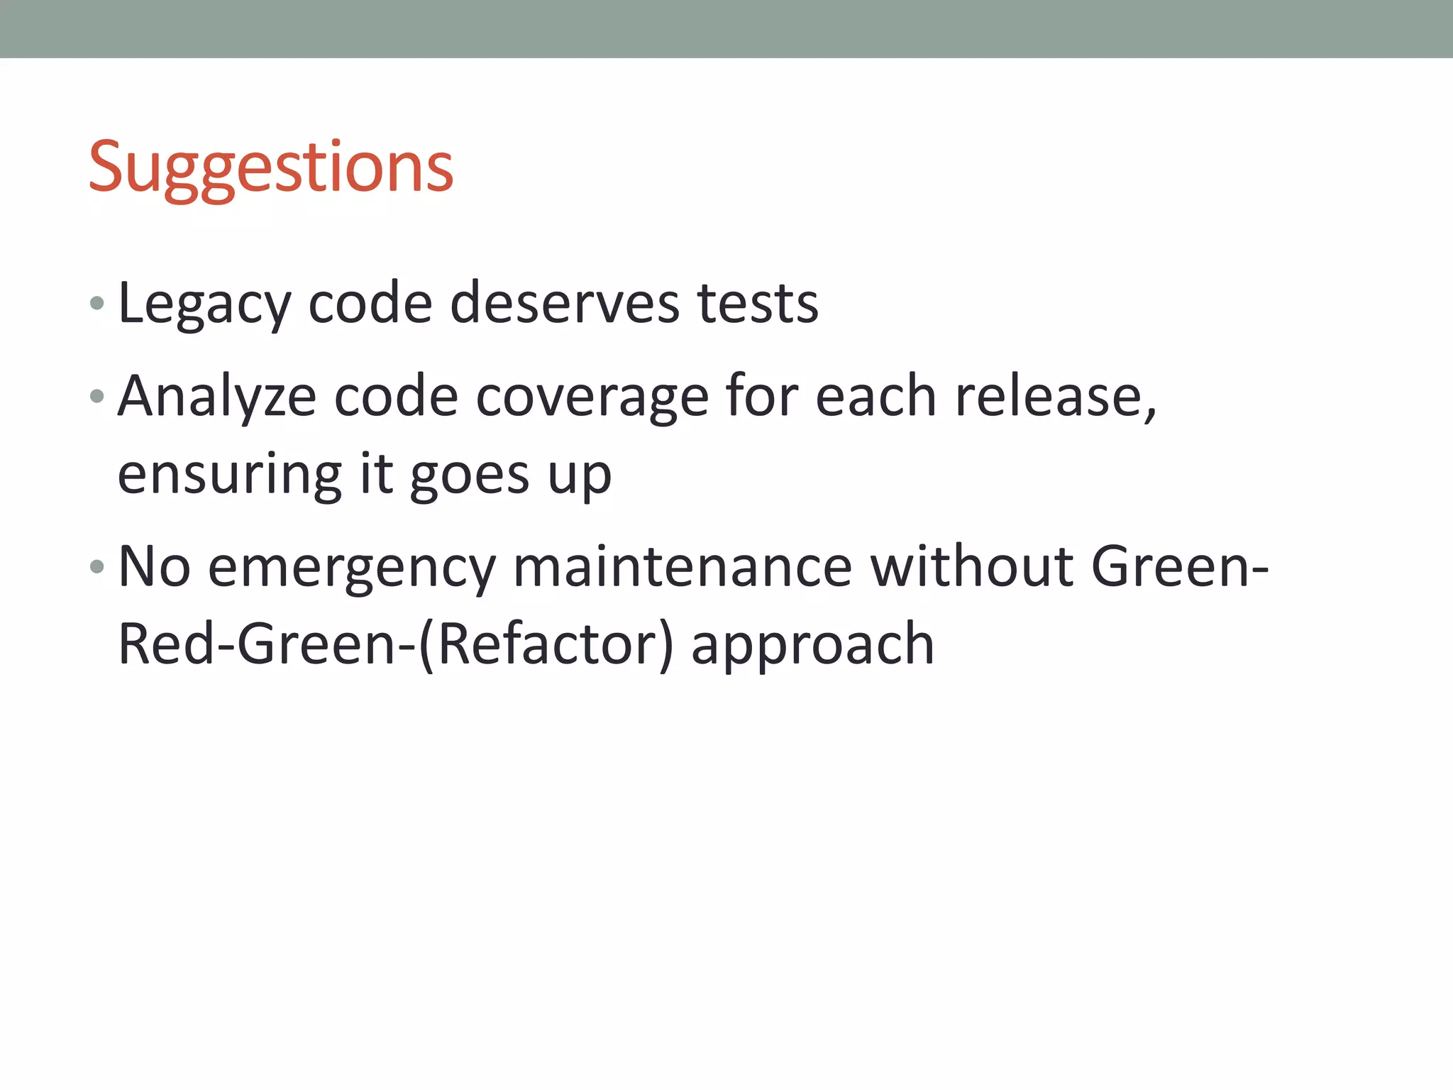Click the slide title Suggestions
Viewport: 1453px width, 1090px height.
(270, 167)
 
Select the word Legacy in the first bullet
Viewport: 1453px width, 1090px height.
(204, 304)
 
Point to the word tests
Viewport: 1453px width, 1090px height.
(758, 304)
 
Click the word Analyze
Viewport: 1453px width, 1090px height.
(217, 396)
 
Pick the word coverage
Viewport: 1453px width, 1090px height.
(592, 397)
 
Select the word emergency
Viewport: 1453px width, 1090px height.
(352, 568)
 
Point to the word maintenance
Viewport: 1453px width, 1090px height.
(683, 566)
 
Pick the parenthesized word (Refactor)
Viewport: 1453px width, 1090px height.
(546, 644)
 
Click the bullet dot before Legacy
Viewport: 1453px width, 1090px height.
(97, 304)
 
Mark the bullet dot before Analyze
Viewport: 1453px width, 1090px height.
(97, 396)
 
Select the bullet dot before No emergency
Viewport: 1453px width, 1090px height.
(97, 567)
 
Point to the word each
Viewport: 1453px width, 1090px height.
(875, 396)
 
